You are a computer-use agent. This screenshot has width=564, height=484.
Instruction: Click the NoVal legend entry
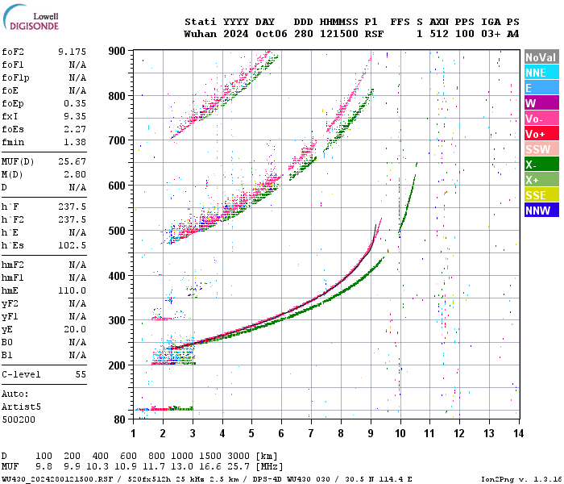click(x=541, y=57)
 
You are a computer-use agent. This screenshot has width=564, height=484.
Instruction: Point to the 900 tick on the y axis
click(x=118, y=51)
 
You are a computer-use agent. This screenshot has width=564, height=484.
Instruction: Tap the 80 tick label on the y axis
click(x=120, y=419)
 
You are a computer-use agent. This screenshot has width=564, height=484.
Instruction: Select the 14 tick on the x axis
click(x=518, y=433)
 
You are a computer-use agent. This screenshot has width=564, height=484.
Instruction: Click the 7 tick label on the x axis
click(x=310, y=433)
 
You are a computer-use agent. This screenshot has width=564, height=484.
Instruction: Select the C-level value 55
click(x=80, y=374)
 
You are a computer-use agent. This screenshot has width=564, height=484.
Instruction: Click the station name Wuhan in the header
click(x=200, y=35)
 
